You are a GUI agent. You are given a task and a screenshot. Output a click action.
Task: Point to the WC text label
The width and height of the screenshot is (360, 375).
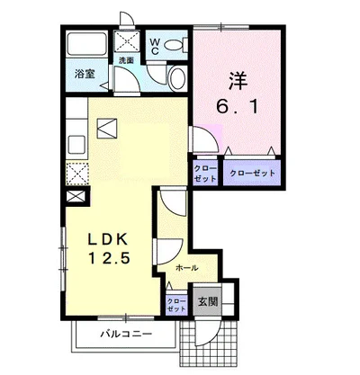click(155, 44)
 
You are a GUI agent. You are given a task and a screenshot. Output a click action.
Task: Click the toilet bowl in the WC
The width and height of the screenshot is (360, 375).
click(178, 44)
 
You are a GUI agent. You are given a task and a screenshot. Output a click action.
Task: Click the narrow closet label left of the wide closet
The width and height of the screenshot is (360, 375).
click(204, 173)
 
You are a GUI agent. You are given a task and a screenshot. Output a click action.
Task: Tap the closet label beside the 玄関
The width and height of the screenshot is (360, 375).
click(175, 304)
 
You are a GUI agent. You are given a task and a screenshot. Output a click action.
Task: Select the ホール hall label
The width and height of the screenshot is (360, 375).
click(186, 268)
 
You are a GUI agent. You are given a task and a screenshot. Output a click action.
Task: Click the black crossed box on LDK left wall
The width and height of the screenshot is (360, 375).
click(74, 197)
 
